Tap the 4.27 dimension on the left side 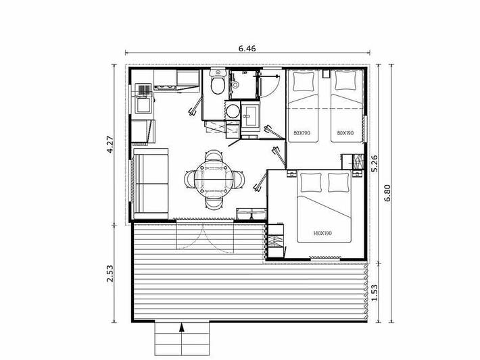pyautogui.click(x=111, y=146)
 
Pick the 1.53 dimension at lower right pyautogui.click(x=374, y=291)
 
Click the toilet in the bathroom pyautogui.click(x=217, y=84)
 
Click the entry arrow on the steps pyautogui.click(x=182, y=329)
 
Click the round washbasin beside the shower pyautogui.click(x=233, y=112)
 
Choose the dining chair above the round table pyautogui.click(x=214, y=158)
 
